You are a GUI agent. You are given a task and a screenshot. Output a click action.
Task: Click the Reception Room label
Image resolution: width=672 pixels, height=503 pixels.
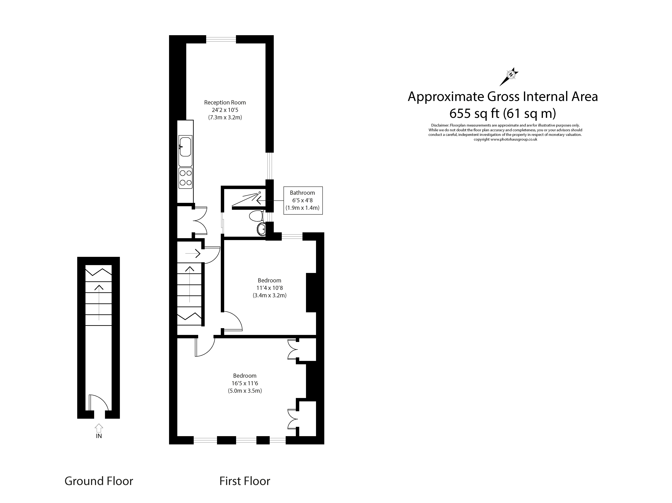click(225, 103)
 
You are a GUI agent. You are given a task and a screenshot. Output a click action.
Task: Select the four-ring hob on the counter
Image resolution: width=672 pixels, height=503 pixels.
click(185, 178)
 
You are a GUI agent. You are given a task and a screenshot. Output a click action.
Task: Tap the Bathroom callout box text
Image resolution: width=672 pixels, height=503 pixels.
click(303, 200)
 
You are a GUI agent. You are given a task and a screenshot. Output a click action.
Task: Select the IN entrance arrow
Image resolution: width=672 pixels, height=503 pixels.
click(99, 428)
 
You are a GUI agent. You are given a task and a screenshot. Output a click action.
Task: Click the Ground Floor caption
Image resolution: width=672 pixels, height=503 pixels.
click(99, 481)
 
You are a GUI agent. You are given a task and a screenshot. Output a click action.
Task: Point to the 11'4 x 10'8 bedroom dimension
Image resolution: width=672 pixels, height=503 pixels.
click(269, 288)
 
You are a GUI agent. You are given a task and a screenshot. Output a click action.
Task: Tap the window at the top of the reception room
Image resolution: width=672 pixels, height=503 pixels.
click(221, 39)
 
